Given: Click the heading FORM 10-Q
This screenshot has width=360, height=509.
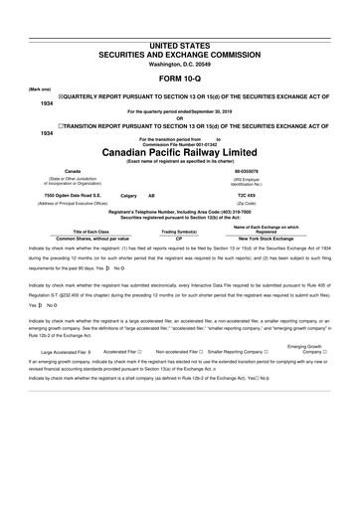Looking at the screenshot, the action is [180, 75].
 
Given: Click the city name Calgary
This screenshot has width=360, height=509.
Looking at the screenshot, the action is [128, 224].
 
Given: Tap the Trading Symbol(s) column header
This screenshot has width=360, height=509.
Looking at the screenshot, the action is [181, 257].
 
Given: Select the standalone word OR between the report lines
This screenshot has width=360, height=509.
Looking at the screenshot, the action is [180, 120].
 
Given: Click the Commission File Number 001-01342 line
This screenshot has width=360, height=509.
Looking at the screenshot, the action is [180, 144].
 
